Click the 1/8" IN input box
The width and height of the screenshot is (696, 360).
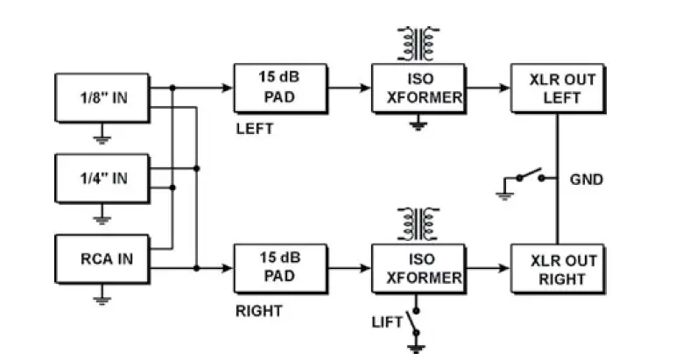102,96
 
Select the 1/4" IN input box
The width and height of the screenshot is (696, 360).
102,178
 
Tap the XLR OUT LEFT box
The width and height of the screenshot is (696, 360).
557,88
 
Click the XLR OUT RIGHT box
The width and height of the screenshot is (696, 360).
557,269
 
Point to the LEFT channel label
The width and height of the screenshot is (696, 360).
255,129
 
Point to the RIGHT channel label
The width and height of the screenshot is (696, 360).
258,310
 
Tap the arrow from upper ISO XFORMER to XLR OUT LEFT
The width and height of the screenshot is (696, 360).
487,88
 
